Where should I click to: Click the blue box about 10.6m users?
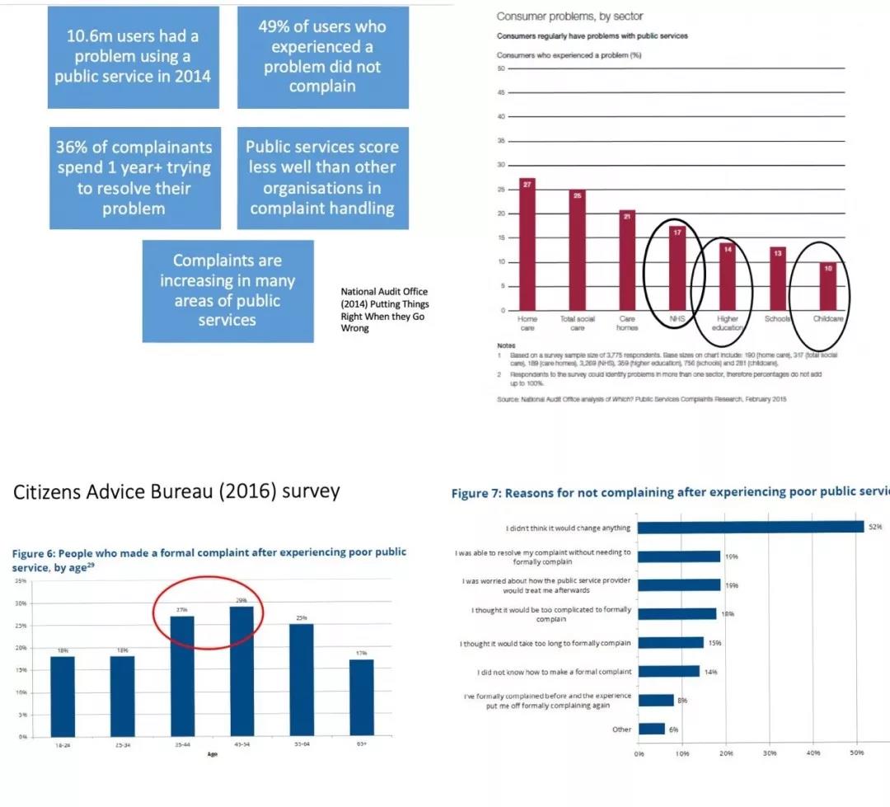133,57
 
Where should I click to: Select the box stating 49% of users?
322,57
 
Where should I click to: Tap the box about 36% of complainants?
133,177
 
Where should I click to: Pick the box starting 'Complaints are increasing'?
227,290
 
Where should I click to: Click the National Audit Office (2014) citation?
386,310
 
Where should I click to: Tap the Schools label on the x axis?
777,319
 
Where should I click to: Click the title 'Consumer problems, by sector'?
570,16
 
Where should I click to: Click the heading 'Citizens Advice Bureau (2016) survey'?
176,492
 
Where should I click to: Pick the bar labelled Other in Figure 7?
652,729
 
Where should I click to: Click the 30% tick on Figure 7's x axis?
770,753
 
